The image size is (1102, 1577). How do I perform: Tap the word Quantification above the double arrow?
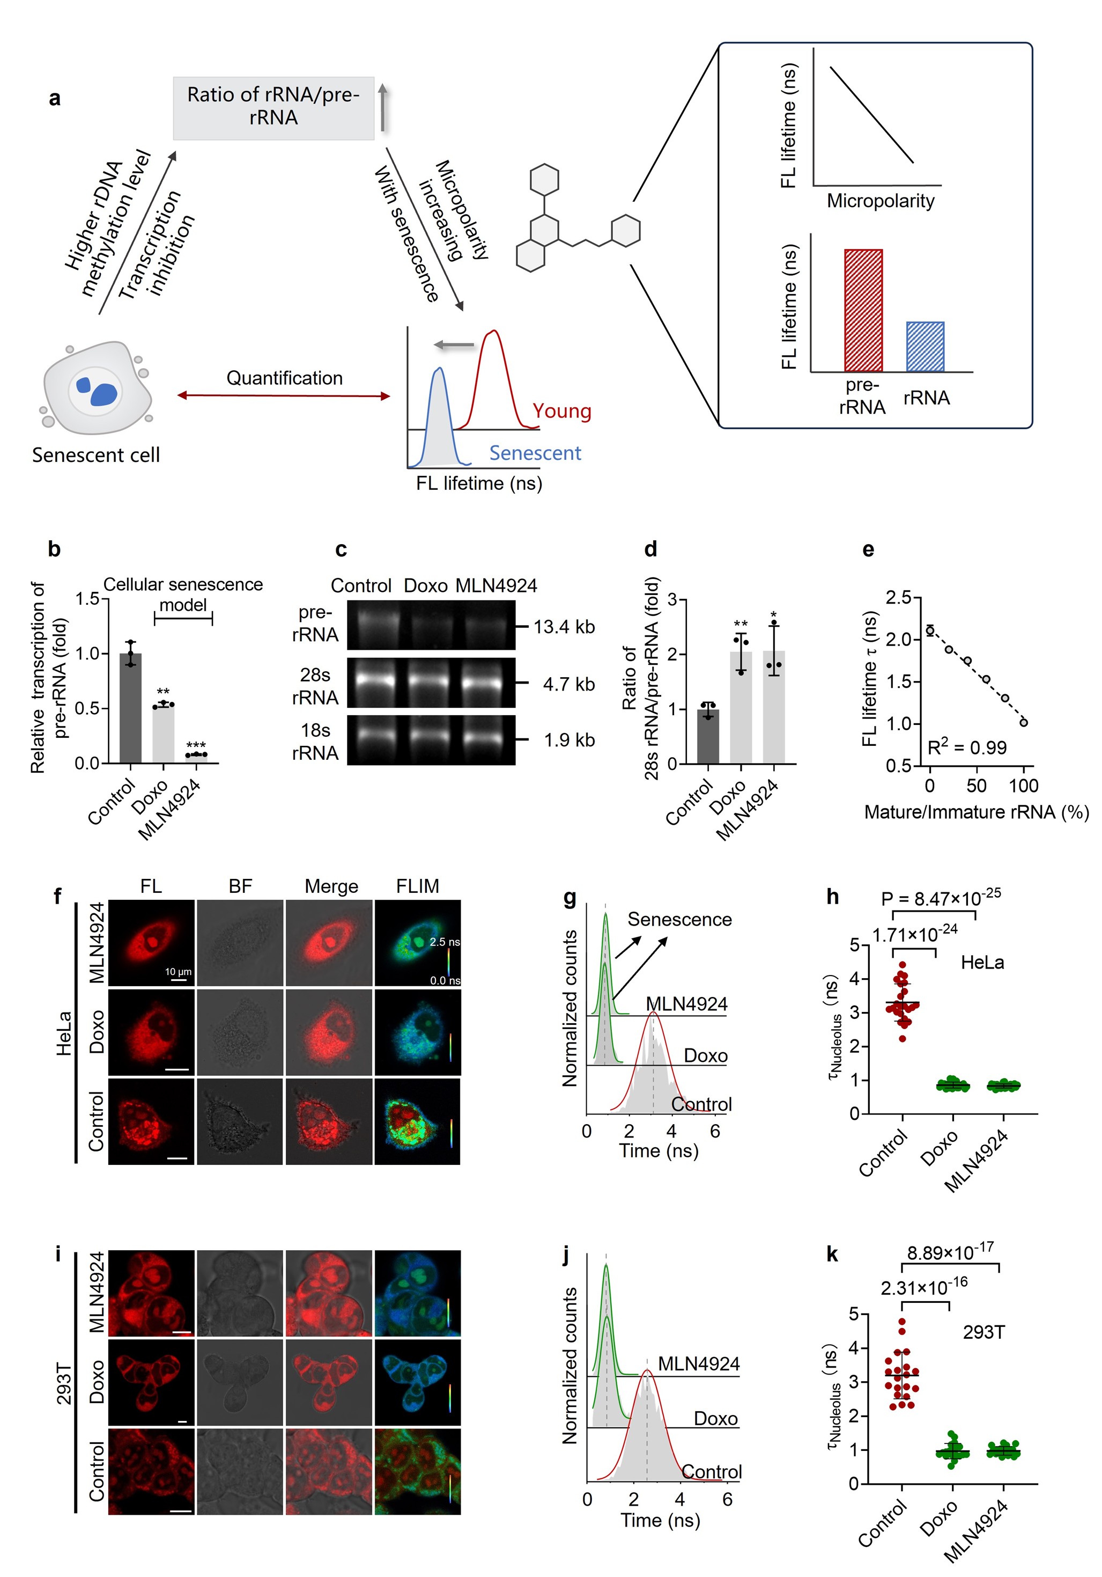click(x=284, y=378)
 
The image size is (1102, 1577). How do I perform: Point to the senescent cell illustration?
click(x=96, y=388)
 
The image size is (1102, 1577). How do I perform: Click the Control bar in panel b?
click(x=130, y=707)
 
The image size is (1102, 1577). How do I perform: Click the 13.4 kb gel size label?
click(x=564, y=626)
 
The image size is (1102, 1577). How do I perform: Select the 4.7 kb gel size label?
click(x=568, y=684)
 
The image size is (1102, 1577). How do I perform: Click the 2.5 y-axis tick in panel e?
click(x=898, y=598)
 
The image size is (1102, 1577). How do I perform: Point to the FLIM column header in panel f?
click(x=417, y=886)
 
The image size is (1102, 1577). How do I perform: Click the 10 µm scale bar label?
click(x=178, y=971)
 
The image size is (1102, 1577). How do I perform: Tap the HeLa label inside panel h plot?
click(x=982, y=962)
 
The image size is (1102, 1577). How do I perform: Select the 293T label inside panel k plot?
click(x=983, y=1332)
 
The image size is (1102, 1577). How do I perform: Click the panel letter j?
click(x=566, y=1254)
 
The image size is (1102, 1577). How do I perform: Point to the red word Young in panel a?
click(x=561, y=410)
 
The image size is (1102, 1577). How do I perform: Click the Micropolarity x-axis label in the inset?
click(x=880, y=201)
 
